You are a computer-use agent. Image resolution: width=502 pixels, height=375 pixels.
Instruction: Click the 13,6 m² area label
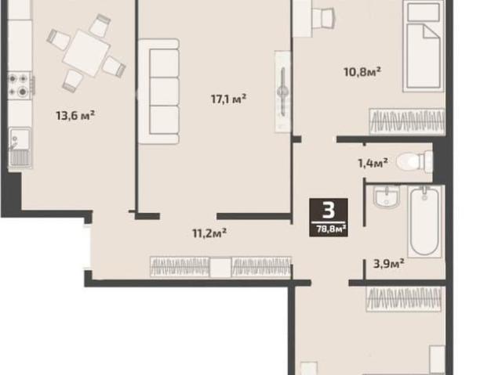click(x=75, y=115)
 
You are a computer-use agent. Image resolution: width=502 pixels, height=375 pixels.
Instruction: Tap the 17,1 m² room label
click(x=228, y=99)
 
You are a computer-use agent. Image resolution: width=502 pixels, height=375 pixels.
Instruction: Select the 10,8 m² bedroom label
click(x=362, y=71)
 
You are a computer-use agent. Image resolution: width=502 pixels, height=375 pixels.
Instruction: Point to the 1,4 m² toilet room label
click(x=373, y=163)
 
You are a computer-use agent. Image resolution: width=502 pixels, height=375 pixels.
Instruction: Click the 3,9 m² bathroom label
click(x=389, y=264)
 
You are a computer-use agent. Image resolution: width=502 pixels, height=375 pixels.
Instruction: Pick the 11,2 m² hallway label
click(x=209, y=233)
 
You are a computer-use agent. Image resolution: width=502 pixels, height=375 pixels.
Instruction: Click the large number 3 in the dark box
click(x=329, y=211)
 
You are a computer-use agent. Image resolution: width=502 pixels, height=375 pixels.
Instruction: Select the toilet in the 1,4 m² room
click(x=414, y=161)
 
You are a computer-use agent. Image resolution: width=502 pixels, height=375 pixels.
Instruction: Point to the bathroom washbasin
click(x=386, y=196)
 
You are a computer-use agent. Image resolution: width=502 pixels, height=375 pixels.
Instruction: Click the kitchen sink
click(x=20, y=147)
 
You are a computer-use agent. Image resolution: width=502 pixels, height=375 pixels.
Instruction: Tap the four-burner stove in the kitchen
click(x=19, y=85)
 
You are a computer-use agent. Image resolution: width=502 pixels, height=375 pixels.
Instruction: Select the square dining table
click(x=86, y=53)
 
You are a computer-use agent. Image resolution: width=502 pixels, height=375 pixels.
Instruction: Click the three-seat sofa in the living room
click(x=158, y=92)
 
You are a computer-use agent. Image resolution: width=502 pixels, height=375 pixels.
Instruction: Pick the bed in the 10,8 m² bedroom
click(x=424, y=46)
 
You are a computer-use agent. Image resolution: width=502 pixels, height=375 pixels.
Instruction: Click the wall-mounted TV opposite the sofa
click(x=282, y=92)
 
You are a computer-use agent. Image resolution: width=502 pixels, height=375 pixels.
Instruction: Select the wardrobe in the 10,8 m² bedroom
click(x=407, y=121)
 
